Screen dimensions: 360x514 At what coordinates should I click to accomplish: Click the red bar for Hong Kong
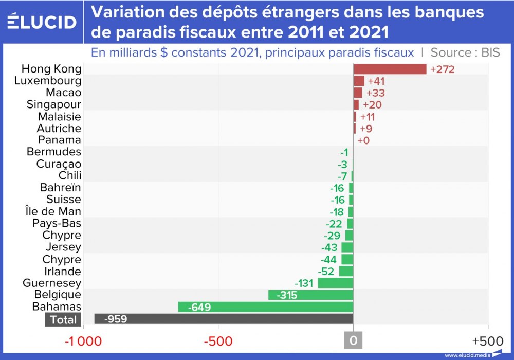coord(390,69)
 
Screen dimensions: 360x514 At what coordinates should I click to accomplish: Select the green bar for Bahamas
coord(265,307)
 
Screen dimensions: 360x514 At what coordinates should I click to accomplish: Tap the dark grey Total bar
coord(224,319)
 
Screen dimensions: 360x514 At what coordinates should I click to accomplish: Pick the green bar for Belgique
coord(310,295)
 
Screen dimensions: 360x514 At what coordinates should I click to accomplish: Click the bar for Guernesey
coord(335,283)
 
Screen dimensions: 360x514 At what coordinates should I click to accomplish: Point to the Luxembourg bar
coord(359,81)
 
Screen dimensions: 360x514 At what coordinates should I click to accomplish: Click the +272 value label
coord(443,69)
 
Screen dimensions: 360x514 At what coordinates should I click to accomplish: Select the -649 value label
coord(199,308)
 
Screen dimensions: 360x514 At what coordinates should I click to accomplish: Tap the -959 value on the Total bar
coord(116,319)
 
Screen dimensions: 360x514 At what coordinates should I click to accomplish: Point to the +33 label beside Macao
coord(376,93)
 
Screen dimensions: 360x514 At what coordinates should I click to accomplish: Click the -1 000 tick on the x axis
coord(83,341)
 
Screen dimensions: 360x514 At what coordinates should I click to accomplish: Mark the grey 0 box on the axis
coord(353,340)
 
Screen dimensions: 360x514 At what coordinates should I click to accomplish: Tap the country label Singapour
coord(54,105)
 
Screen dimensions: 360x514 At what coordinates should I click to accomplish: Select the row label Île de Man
coord(53,212)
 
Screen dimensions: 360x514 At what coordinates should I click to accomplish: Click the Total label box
coord(63,320)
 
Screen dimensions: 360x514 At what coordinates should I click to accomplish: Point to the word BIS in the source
coord(490,52)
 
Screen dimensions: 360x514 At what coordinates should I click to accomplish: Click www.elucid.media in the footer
coord(466,355)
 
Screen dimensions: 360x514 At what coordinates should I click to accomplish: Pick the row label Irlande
coord(63,272)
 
